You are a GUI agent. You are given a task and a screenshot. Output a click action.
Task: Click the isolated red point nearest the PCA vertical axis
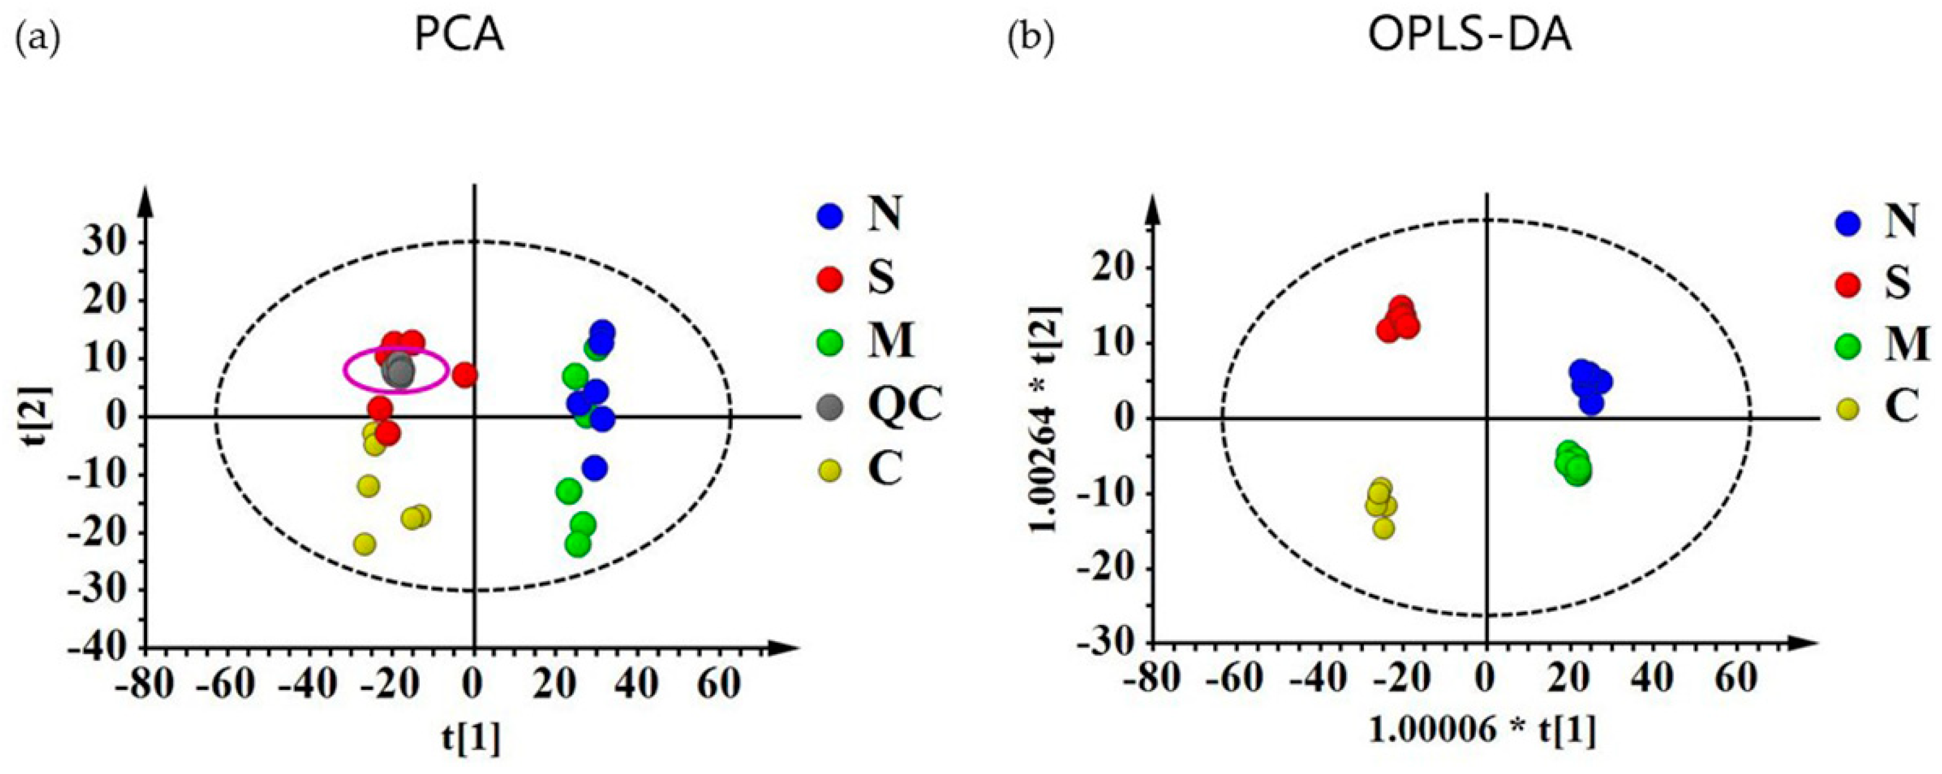[x=465, y=375]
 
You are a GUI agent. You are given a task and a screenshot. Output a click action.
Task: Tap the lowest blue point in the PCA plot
[x=594, y=468]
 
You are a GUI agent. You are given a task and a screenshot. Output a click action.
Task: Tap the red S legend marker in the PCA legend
[x=830, y=279]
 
